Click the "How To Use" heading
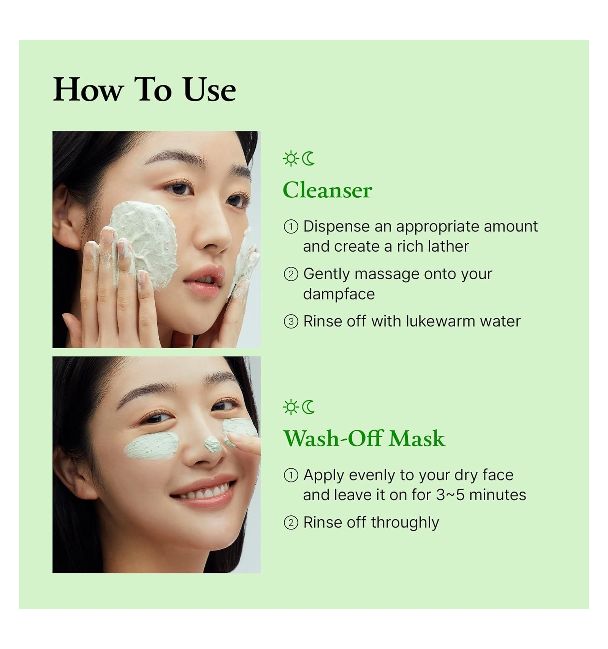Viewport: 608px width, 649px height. (144, 90)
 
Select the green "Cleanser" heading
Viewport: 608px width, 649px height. (327, 190)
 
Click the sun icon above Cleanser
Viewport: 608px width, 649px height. (291, 159)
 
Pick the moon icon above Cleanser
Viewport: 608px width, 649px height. (309, 159)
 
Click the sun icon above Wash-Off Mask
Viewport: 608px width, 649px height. (291, 407)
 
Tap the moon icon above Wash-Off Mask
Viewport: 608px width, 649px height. (309, 407)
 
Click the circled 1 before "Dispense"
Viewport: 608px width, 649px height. (291, 227)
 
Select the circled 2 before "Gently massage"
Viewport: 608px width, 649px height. (291, 274)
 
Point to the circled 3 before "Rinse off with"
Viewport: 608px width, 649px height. (291, 322)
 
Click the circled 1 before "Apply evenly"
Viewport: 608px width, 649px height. (291, 475)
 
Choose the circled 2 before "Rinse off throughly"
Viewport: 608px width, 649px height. (291, 523)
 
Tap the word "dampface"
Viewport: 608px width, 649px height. (339, 294)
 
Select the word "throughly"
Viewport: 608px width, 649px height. (405, 523)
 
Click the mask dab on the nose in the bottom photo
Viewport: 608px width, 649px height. (213, 444)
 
